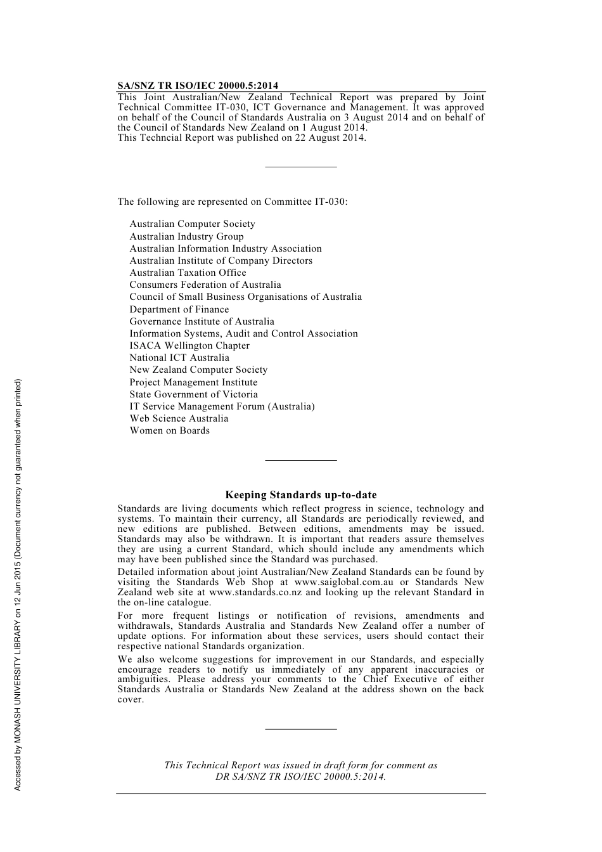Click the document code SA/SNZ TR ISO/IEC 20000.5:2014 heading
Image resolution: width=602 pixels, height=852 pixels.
tap(197, 86)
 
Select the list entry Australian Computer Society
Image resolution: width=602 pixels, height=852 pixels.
tap(192, 224)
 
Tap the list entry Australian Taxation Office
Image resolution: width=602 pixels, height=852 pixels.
tap(188, 273)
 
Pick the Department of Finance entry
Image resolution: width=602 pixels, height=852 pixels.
tap(179, 309)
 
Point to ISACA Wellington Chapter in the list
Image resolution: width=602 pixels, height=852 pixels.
tap(189, 345)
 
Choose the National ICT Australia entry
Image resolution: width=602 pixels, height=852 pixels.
tap(179, 358)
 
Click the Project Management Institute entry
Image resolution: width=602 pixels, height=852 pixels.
tap(193, 382)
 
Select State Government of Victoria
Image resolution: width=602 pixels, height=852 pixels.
tap(193, 394)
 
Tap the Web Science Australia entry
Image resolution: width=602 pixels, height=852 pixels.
tap(179, 418)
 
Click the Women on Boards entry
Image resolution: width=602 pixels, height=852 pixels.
tap(169, 430)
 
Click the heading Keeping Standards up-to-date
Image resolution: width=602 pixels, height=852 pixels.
tap(301, 495)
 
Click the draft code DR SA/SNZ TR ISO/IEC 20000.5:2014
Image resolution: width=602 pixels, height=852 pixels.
tap(301, 776)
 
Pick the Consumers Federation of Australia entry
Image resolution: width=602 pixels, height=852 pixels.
tap(205, 285)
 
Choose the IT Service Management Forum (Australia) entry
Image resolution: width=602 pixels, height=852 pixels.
tap(222, 406)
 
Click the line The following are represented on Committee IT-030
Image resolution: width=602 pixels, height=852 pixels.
tap(232, 202)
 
